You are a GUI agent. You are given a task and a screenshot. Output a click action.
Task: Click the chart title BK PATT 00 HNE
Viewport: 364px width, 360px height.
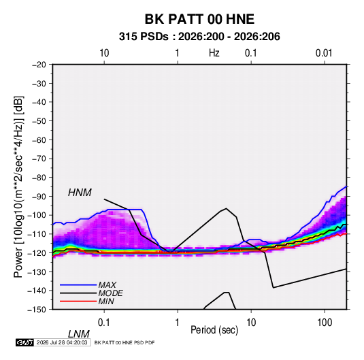tap(199, 19)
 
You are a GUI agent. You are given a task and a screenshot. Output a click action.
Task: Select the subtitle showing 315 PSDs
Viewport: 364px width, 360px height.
tap(199, 37)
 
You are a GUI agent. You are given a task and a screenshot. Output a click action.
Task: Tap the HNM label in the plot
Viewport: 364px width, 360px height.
tap(80, 193)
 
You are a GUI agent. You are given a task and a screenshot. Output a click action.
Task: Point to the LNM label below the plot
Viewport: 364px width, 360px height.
tap(79, 334)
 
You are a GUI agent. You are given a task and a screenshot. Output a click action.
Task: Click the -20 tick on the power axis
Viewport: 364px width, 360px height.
tap(39, 65)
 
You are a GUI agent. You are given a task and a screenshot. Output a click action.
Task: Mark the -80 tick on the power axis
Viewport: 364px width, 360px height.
tap(39, 178)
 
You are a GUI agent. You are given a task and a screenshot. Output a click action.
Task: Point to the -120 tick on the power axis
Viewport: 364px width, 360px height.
tap(37, 252)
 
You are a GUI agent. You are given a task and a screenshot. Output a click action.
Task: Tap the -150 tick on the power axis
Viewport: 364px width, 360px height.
tap(37, 310)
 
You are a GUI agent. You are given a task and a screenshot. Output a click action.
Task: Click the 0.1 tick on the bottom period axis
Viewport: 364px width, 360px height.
tap(104, 323)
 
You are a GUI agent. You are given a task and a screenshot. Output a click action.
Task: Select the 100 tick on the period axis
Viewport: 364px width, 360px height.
tap(325, 323)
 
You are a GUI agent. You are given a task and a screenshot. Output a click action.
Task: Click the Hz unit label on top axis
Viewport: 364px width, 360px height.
tap(214, 53)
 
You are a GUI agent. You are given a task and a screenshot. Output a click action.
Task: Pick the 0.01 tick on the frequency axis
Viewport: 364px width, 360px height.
tap(324, 53)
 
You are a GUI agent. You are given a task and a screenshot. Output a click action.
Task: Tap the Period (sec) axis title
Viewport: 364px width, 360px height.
tap(214, 330)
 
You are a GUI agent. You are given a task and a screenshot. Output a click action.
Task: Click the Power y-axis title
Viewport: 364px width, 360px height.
tap(18, 187)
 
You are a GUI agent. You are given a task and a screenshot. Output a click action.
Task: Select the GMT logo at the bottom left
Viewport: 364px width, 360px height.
tap(24, 342)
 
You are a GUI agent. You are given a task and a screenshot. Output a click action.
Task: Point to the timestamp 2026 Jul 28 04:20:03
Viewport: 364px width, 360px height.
tap(62, 342)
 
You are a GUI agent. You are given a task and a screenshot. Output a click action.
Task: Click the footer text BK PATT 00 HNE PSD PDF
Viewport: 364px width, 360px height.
tap(125, 342)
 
